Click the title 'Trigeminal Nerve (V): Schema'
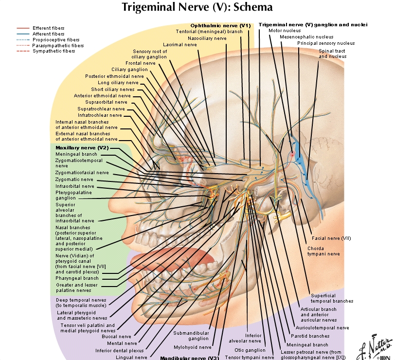pos(197,7)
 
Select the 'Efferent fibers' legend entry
pos(48,29)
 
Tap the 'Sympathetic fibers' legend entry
pos(54,51)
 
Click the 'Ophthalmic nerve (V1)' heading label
pos(220,25)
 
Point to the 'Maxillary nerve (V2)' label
pos(82,147)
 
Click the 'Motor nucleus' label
pos(285,31)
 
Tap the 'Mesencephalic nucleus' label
pos(306,37)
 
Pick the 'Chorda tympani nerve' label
pos(323,251)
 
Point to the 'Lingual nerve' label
pos(131,357)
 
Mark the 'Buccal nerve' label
pos(116,336)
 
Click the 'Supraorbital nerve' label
pos(106,102)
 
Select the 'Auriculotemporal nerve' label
pos(322,328)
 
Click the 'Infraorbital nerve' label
pos(75,186)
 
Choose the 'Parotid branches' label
pos(310,336)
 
